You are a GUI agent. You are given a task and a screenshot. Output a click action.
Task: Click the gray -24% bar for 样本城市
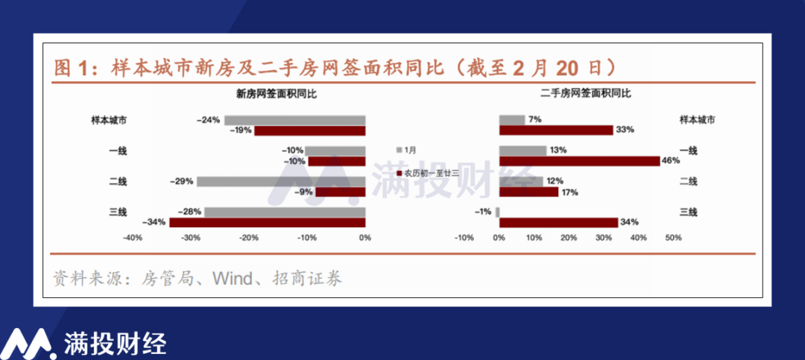[x=294, y=120]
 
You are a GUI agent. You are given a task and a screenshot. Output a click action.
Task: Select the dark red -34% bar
[x=268, y=222]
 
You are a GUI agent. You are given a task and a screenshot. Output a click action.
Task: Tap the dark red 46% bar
[x=580, y=161]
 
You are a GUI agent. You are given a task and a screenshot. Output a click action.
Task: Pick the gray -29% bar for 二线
[x=281, y=181]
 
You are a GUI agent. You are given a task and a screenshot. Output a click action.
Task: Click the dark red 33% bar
[x=557, y=130]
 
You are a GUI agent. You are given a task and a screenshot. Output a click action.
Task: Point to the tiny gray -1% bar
[x=497, y=212]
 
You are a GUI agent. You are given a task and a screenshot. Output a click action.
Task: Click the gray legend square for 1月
[x=400, y=150]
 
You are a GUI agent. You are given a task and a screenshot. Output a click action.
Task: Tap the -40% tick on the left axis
[x=132, y=239]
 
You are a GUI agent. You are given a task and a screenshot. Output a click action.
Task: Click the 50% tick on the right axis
[x=673, y=239]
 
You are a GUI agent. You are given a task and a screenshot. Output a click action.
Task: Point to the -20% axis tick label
[x=249, y=239]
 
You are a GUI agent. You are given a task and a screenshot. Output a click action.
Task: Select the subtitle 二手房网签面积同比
[x=586, y=94]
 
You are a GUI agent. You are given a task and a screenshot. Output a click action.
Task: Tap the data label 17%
[x=570, y=192]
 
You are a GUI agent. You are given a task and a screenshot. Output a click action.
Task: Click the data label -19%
[x=241, y=130]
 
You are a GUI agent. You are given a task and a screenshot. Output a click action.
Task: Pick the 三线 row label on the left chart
[x=118, y=212]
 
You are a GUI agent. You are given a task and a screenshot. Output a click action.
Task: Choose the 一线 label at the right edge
[x=688, y=151]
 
